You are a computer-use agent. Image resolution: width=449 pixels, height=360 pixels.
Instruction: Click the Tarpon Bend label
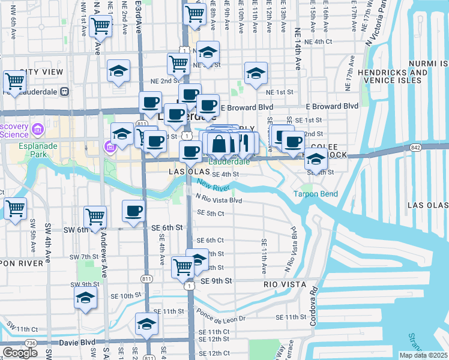315,194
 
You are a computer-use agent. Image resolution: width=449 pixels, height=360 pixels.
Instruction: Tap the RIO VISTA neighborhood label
285,284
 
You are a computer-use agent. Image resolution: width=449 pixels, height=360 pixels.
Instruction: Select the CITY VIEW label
41,72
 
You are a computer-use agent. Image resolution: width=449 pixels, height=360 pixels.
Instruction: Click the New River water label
213,185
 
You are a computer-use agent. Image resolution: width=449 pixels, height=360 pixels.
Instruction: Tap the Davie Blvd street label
77,343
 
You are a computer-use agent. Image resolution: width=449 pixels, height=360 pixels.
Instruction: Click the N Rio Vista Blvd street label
218,200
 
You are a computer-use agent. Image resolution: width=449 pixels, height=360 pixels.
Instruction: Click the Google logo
20,352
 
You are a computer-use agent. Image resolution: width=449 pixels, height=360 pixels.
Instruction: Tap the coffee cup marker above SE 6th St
133,211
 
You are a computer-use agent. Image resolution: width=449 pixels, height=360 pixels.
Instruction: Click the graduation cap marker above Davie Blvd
146,325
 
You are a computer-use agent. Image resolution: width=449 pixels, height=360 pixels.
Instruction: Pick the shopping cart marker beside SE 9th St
182,266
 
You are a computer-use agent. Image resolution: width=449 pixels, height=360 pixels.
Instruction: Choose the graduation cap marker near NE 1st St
256,74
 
